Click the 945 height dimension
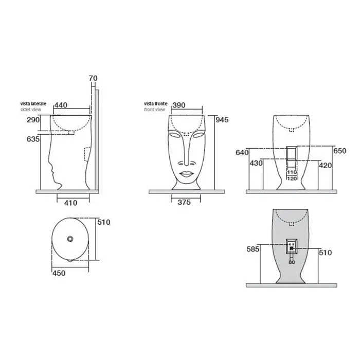click(x=222, y=120)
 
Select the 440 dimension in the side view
click(x=61, y=105)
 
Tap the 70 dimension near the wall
click(x=93, y=78)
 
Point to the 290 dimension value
click(x=33, y=120)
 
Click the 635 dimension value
click(x=33, y=139)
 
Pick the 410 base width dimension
click(x=70, y=203)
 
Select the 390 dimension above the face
click(x=179, y=105)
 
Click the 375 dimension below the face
click(x=184, y=203)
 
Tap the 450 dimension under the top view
click(x=59, y=273)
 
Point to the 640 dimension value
click(x=242, y=152)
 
